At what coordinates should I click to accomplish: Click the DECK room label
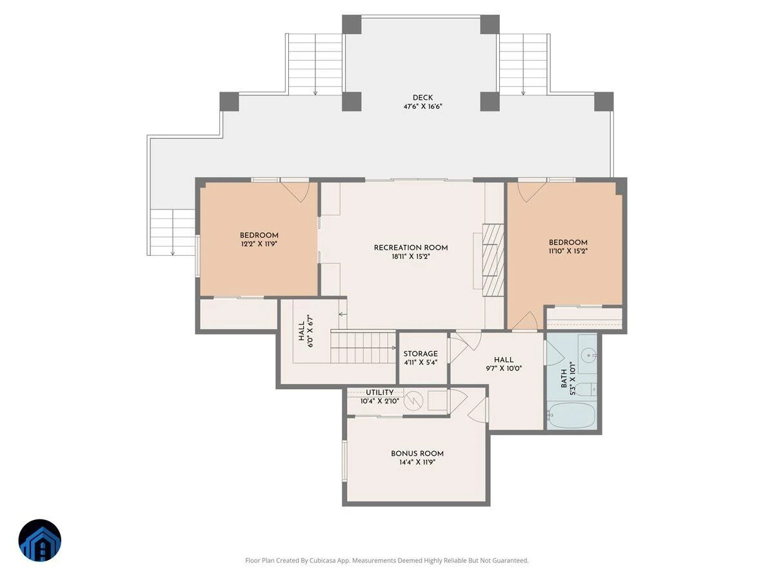(422, 97)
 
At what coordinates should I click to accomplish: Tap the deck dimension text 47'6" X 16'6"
(422, 106)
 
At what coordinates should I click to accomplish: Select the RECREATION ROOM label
(411, 247)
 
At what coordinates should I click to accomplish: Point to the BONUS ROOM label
(417, 454)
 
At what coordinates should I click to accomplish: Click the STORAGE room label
(421, 354)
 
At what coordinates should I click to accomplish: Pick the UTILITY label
(379, 392)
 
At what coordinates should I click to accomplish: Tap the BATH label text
(564, 378)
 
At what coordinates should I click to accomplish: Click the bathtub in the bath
(572, 415)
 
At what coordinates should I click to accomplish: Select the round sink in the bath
(588, 354)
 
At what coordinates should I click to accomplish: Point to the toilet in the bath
(586, 390)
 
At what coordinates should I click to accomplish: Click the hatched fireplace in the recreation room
(493, 260)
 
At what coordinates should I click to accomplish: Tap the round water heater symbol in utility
(413, 401)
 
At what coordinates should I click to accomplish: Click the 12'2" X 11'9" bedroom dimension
(259, 244)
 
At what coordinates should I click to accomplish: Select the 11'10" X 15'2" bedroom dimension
(568, 251)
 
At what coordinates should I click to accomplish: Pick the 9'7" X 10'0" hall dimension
(503, 369)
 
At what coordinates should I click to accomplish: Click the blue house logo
(39, 540)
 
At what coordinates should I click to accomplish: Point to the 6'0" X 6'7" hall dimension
(310, 331)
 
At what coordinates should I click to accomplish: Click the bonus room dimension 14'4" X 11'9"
(417, 462)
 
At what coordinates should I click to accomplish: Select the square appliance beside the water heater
(437, 400)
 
